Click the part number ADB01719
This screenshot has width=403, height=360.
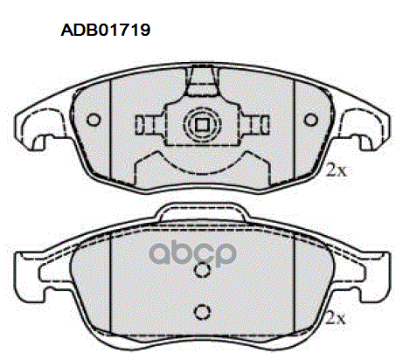(x=106, y=30)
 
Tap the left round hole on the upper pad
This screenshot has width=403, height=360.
(x=94, y=120)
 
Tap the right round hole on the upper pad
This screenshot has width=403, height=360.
(x=311, y=120)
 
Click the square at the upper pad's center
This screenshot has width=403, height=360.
(x=202, y=125)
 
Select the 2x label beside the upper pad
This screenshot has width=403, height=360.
(x=337, y=170)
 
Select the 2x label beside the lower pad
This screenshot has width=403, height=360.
(x=335, y=318)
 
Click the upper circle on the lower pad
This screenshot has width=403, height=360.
(x=202, y=269)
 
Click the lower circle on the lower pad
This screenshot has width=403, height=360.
(x=202, y=312)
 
